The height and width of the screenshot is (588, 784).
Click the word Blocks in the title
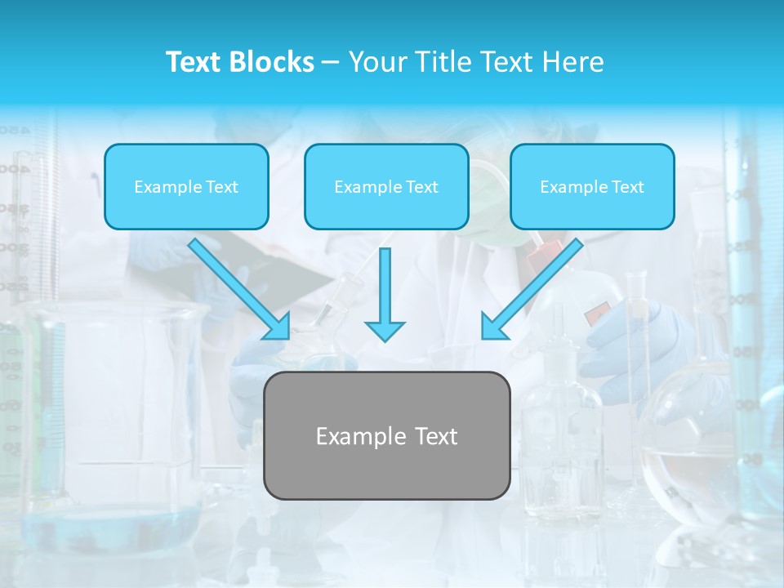tap(274, 62)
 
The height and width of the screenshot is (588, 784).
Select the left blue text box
tap(186, 186)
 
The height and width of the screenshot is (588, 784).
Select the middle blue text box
tap(386, 186)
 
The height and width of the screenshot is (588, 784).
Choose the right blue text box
tap(592, 186)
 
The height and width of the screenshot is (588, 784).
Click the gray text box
tap(386, 435)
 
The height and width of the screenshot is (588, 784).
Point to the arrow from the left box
tap(238, 288)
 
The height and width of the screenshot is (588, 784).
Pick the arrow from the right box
tap(532, 288)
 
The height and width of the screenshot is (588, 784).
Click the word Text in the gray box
tap(436, 436)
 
